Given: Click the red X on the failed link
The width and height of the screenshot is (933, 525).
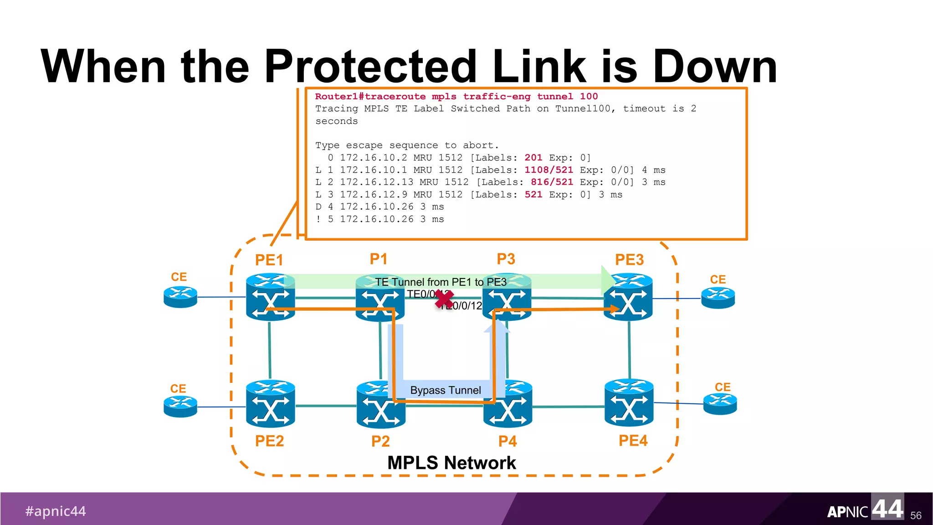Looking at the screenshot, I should point(444,299).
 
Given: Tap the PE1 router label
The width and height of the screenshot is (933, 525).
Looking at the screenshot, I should point(269,260).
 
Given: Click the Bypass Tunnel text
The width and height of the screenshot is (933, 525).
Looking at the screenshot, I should point(445,390).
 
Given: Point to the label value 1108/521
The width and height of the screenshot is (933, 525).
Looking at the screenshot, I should point(549,170).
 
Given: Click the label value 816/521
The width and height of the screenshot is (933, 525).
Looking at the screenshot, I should point(552,182).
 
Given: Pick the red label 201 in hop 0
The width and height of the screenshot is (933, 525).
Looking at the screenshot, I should point(533,158).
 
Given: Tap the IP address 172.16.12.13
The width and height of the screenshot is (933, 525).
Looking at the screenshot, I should point(376,182).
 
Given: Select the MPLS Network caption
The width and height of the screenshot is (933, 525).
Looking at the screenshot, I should point(451,463).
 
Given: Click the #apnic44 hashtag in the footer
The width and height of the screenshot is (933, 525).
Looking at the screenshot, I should point(56,511).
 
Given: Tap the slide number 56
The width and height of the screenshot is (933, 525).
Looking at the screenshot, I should point(916,515).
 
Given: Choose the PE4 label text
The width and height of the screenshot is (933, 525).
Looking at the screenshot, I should point(633,441).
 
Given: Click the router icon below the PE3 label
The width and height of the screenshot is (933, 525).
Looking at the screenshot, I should point(628,297).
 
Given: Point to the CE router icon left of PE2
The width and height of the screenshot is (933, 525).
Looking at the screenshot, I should point(180,406).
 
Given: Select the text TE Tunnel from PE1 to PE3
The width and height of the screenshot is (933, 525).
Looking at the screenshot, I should point(441,282).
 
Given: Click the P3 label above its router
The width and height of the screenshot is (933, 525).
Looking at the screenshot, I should point(506,259).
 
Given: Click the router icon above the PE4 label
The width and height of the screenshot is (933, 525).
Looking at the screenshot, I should point(629,403).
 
